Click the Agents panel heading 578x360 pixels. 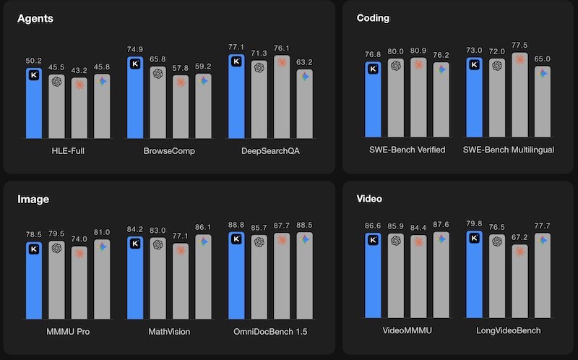coord(36,18)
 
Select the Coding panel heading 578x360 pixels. coord(374,18)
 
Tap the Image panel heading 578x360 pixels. coord(33,198)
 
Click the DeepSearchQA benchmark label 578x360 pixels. coord(270,150)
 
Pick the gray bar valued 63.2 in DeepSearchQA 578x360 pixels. coord(304,105)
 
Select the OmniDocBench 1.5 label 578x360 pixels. coord(270,331)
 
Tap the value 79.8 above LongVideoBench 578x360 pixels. coord(475,223)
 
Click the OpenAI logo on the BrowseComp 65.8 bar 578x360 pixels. coord(158,73)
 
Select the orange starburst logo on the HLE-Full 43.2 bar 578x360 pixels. coord(79,84)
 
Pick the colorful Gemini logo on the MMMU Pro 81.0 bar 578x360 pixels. coord(102,247)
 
